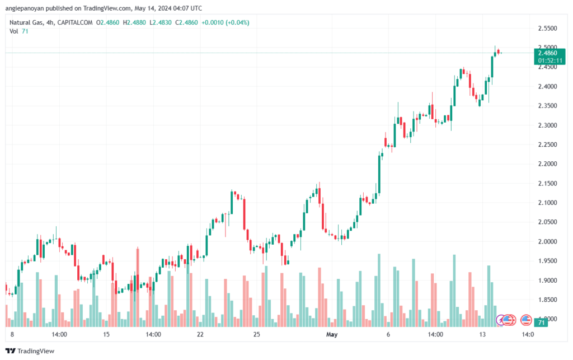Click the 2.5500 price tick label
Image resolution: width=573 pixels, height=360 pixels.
tap(547, 28)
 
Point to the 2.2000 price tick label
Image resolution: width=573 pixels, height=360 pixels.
tap(547, 164)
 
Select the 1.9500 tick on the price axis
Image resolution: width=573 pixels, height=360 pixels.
tap(547, 261)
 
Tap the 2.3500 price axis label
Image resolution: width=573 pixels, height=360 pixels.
tap(547, 106)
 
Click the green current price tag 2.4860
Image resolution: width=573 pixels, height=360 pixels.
tap(548, 53)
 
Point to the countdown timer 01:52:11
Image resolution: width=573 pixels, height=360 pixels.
tap(548, 60)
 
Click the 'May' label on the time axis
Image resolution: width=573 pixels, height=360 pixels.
tap(332, 334)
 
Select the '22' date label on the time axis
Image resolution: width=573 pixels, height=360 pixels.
tap(200, 334)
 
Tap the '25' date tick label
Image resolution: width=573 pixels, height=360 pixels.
tap(257, 334)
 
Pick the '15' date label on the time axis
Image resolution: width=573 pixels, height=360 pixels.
tap(106, 334)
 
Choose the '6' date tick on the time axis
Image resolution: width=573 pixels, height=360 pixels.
tap(388, 334)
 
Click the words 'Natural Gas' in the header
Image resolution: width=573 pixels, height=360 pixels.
tap(29, 22)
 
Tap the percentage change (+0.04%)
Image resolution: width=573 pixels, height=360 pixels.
tap(237, 22)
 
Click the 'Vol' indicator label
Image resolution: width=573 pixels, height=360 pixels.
tap(14, 31)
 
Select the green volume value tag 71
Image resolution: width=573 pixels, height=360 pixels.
tap(541, 322)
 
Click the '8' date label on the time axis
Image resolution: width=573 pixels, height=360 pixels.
tap(12, 334)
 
